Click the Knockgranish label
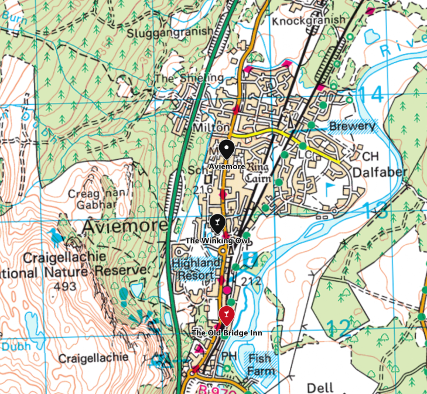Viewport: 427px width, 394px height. click(309, 20)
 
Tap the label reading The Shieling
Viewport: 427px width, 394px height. click(182, 78)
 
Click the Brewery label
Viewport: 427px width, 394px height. click(351, 126)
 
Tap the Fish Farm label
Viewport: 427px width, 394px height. click(259, 364)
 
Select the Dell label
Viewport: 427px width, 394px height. click(320, 388)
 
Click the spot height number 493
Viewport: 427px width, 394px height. click(64, 286)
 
